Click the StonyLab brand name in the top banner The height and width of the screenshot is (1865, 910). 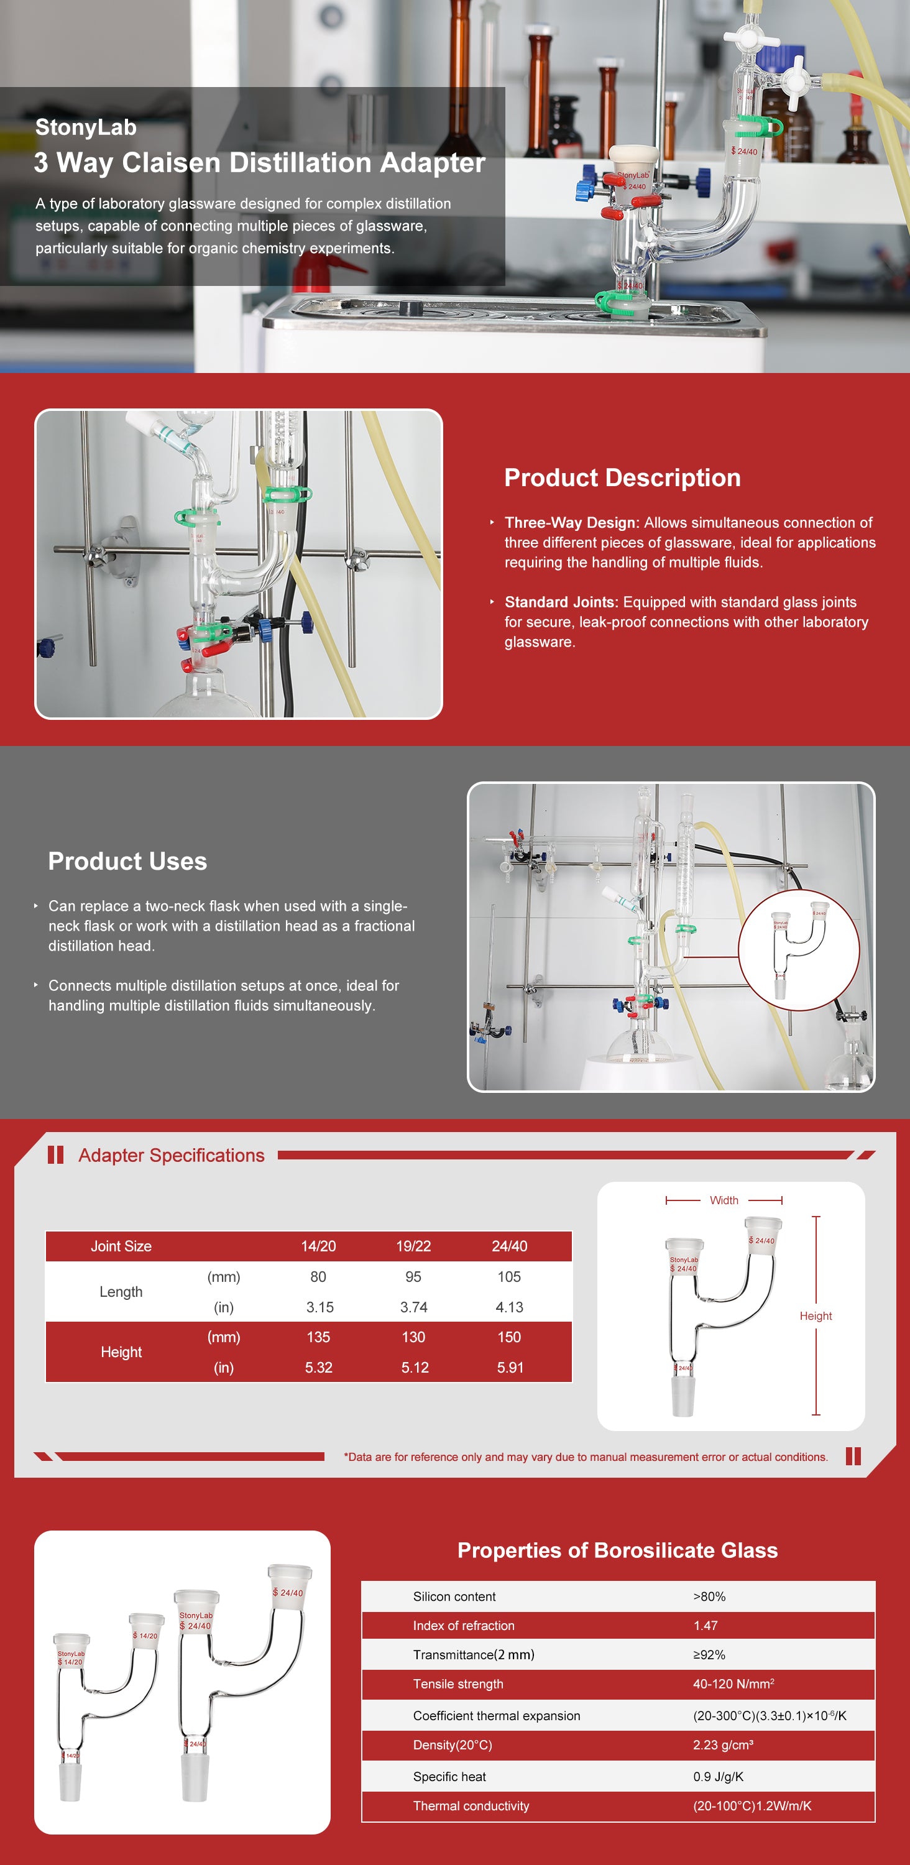(x=85, y=127)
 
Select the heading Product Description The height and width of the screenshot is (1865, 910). (x=622, y=478)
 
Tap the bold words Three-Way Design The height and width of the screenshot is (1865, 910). (x=571, y=523)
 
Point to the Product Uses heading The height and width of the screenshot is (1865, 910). (x=127, y=862)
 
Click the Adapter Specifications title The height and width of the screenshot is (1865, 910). (x=172, y=1156)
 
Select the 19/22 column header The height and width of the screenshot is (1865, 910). (x=413, y=1246)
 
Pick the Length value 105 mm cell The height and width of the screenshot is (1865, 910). (x=509, y=1276)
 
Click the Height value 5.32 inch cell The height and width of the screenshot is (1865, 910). (x=318, y=1368)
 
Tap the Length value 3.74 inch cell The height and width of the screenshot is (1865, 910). (x=413, y=1307)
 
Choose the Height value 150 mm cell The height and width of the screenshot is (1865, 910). (x=509, y=1337)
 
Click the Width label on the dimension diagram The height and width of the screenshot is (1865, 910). (x=724, y=1200)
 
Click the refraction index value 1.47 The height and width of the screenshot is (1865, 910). (x=705, y=1626)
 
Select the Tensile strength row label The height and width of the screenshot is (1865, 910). (x=457, y=1684)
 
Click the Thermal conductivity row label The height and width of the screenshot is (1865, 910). (x=471, y=1806)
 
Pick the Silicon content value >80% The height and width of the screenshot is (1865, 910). (x=709, y=1596)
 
